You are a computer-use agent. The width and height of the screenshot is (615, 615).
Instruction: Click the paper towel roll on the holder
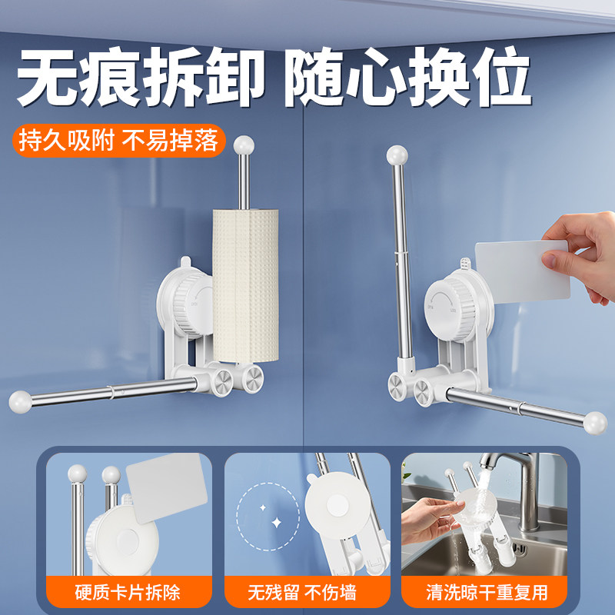245,285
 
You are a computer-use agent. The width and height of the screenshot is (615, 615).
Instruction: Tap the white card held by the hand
522,272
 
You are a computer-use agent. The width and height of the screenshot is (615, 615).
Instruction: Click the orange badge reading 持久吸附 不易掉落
119,141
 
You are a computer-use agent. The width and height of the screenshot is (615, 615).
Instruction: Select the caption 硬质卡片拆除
128,592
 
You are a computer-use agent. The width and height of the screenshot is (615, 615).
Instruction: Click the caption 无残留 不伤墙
302,592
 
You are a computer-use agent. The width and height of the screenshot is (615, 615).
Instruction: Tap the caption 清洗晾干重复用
487,592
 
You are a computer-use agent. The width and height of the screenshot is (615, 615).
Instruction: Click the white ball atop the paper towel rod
244,145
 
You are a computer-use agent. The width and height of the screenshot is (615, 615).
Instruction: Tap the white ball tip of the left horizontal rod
21,401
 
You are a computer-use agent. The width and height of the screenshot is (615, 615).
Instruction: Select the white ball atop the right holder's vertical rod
397,155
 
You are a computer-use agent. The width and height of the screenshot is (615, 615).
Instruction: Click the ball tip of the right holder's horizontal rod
595,423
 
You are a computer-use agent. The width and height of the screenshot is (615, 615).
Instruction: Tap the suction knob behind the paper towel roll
192,304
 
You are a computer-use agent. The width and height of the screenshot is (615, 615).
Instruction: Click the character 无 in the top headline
47,76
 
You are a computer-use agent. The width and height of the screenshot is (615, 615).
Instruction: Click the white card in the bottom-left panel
167,487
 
